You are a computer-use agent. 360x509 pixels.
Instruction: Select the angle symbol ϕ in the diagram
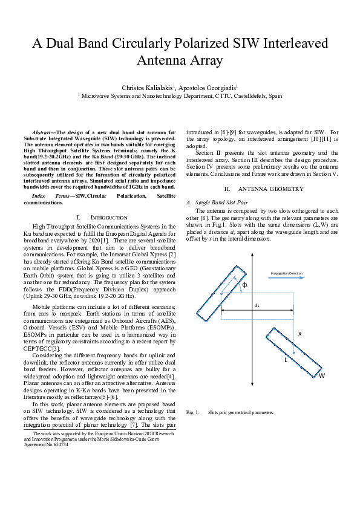244,284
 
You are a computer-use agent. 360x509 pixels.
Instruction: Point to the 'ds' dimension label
257,306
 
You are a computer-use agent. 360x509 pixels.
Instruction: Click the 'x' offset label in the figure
299,333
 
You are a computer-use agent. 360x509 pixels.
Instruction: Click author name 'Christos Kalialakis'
147,88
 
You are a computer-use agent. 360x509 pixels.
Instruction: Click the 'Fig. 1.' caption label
192,412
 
